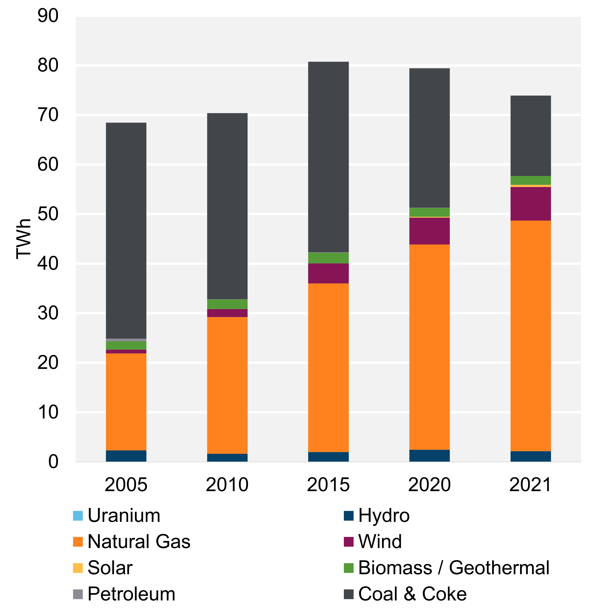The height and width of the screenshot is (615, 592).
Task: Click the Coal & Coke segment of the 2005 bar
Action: click(x=126, y=231)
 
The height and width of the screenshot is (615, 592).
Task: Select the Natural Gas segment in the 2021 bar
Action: click(x=530, y=336)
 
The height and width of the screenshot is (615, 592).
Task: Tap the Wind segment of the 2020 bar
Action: click(x=429, y=231)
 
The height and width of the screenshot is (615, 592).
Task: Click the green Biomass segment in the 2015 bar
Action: click(x=328, y=258)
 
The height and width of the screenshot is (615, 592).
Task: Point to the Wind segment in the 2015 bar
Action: click(x=328, y=273)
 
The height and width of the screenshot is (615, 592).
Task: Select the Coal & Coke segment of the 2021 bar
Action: click(x=530, y=136)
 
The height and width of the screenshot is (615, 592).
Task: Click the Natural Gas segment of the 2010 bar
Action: click(x=227, y=385)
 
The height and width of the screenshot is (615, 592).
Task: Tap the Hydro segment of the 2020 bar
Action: click(x=429, y=456)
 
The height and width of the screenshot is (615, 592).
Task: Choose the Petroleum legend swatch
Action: click(x=78, y=594)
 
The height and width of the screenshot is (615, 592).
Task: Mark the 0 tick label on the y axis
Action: click(x=53, y=462)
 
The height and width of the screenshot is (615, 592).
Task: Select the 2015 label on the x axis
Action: click(x=328, y=485)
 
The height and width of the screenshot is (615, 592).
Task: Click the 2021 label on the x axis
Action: click(x=530, y=485)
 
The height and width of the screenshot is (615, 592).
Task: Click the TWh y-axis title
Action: click(x=24, y=239)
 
